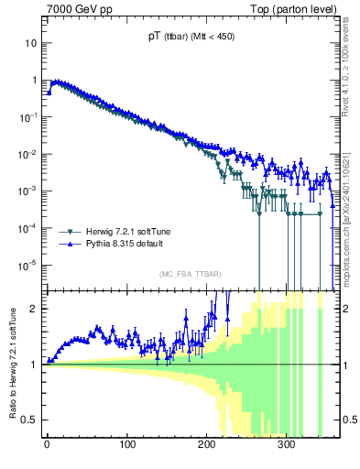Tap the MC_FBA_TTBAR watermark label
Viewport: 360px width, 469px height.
pos(190,275)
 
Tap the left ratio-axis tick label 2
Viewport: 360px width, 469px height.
pos(35,309)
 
